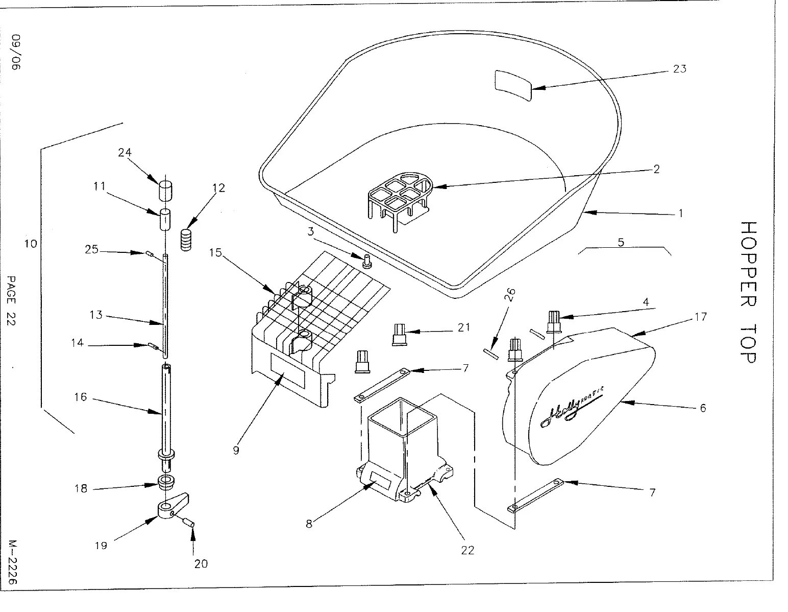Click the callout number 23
tap(679, 69)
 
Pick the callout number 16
tap(81, 397)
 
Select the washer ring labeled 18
tap(166, 481)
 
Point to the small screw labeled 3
tap(366, 263)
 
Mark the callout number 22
tap(467, 550)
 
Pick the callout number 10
tap(31, 244)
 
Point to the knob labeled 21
tap(399, 334)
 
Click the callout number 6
tap(703, 408)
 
